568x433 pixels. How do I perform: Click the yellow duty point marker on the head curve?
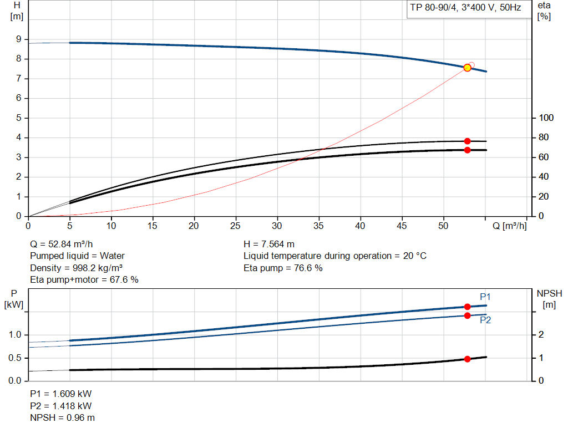[x=467, y=68]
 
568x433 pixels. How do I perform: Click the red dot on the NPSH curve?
[x=467, y=359]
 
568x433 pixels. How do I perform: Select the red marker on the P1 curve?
[x=467, y=307]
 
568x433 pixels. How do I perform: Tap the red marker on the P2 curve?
[x=467, y=315]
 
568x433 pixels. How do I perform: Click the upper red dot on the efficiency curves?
[x=467, y=141]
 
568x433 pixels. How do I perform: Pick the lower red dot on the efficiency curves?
[x=467, y=150]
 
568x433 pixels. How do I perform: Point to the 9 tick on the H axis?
[x=19, y=39]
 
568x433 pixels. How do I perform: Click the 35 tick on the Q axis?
[x=319, y=226]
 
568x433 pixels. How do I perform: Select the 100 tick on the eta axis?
[x=546, y=118]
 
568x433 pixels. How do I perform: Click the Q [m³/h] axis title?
[x=509, y=226]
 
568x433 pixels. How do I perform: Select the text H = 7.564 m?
[x=269, y=244]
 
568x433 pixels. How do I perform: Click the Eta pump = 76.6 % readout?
[x=283, y=268]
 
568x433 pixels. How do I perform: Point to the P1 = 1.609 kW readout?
[x=60, y=394]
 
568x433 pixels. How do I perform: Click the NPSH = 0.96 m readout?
[x=62, y=417]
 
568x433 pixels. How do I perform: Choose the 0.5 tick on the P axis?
[x=15, y=358]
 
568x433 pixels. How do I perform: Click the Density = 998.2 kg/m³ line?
[x=76, y=268]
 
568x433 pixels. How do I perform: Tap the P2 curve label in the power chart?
[x=485, y=320]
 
